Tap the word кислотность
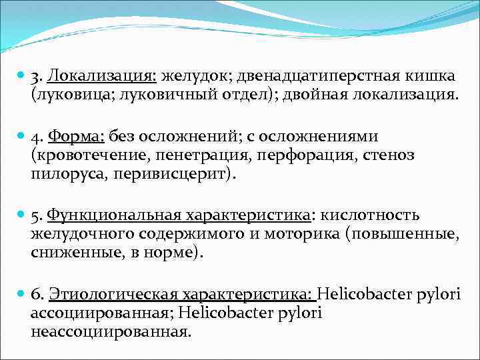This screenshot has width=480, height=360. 371,215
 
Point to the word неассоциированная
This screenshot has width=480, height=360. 110,332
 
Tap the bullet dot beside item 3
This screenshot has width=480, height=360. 22,74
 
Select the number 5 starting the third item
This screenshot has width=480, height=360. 36,215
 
